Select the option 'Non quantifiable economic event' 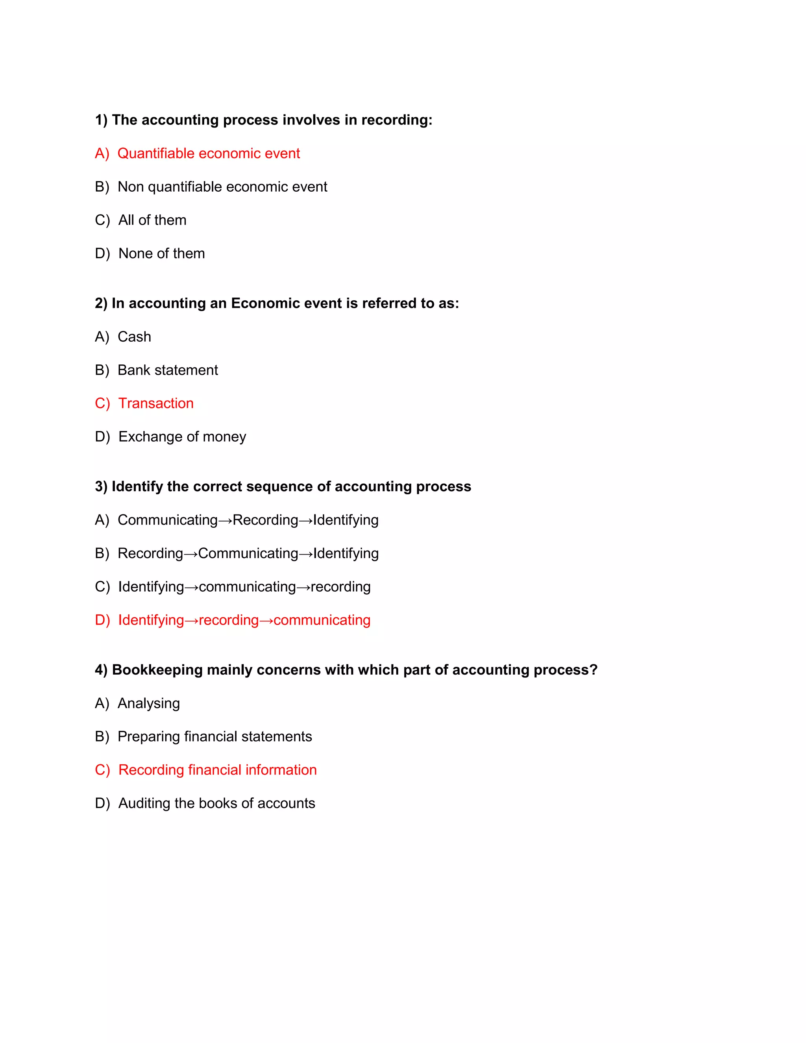[222, 187]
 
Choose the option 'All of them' [152, 220]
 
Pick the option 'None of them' [161, 253]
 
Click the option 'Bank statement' [168, 370]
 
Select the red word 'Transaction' [156, 403]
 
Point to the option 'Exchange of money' [182, 437]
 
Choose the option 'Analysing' [148, 703]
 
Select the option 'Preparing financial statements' [214, 737]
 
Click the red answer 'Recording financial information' [217, 770]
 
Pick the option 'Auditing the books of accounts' [216, 803]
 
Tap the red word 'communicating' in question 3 [322, 620]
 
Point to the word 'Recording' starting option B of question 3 [150, 553]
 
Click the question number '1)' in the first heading [101, 120]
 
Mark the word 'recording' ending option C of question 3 [340, 587]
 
